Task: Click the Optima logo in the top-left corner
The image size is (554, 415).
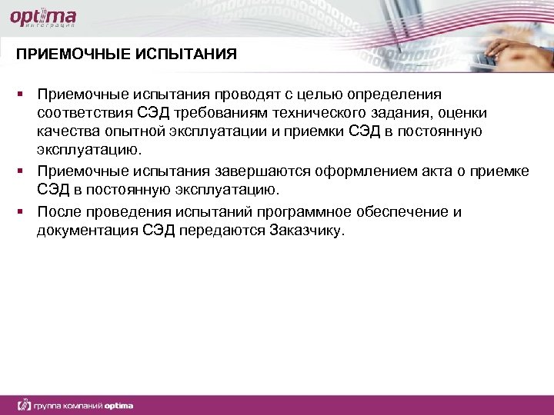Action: pos(42,18)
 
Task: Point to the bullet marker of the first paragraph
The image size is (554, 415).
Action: pos(23,94)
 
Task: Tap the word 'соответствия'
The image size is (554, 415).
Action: pos(85,113)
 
